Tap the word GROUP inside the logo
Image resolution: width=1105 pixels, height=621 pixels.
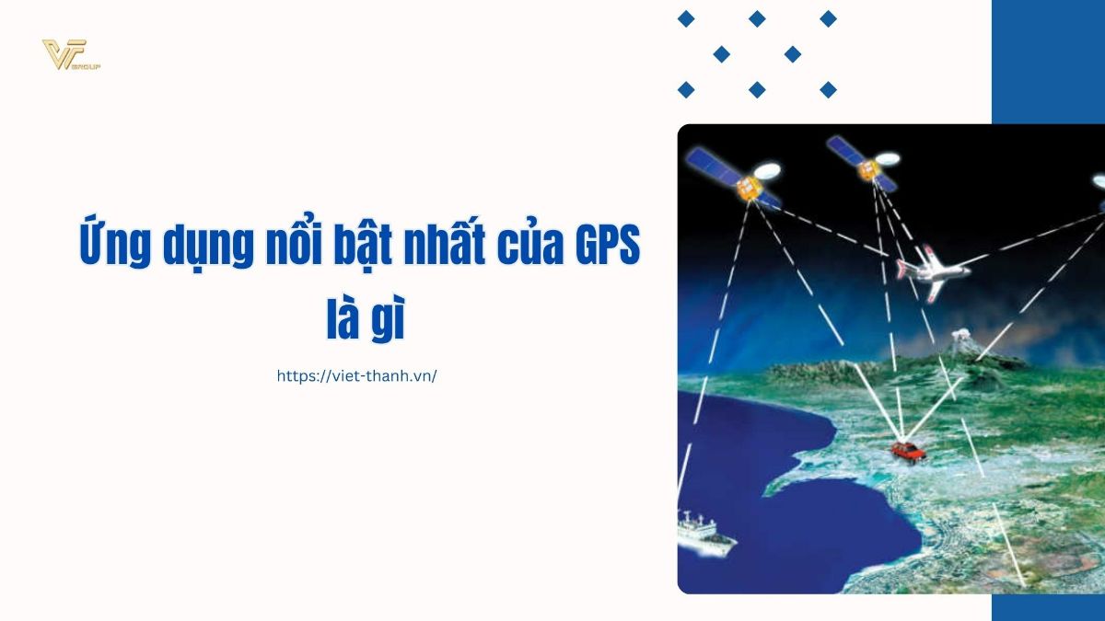tap(88, 67)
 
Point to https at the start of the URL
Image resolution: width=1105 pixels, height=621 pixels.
tap(296, 375)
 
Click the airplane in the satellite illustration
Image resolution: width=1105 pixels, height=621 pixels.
tap(929, 269)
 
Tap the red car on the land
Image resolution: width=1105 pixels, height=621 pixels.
tap(906, 450)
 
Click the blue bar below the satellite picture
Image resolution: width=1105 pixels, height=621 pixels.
tap(1048, 607)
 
